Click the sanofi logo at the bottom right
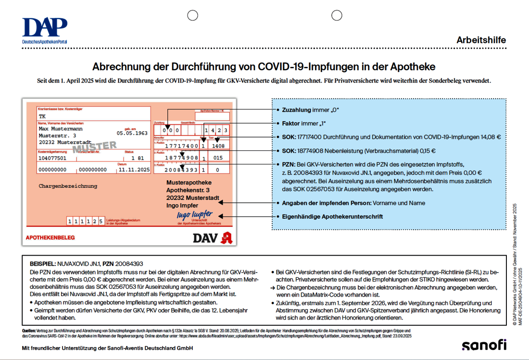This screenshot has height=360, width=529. point(484,345)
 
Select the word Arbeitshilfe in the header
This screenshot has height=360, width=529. point(481,40)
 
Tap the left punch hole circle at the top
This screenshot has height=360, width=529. point(193,15)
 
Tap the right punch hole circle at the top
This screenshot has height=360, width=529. point(337,15)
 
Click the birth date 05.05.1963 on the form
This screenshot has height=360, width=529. point(132,133)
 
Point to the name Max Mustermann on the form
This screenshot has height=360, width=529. point(61,129)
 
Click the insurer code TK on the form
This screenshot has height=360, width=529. point(42,116)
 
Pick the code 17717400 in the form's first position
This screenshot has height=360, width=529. point(181,146)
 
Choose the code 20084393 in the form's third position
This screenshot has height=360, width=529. point(181,170)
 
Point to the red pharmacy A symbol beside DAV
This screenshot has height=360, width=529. point(227,237)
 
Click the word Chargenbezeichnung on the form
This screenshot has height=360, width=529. point(68,186)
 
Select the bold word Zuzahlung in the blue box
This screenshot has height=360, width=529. point(296,110)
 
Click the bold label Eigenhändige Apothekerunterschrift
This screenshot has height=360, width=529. point(332,216)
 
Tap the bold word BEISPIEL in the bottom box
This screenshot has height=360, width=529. point(42,264)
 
